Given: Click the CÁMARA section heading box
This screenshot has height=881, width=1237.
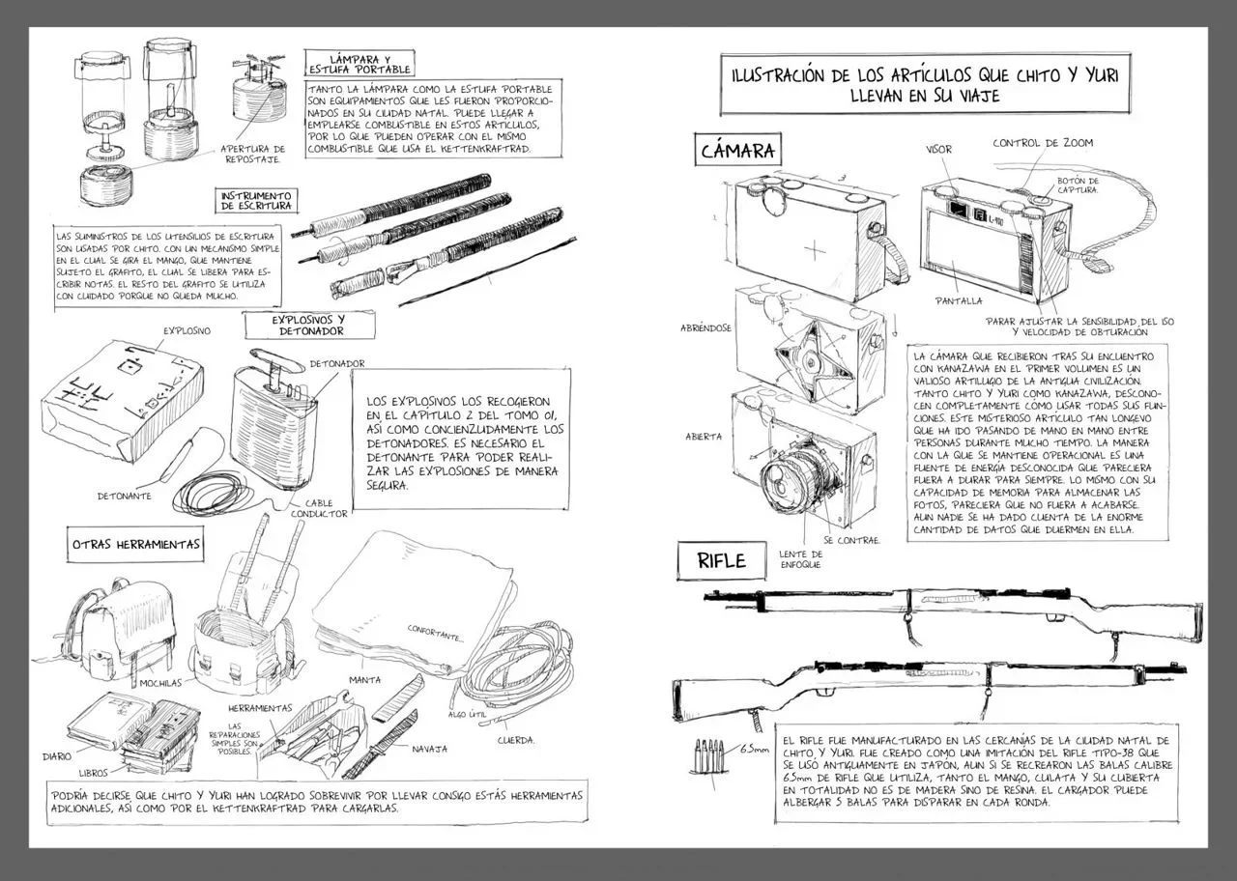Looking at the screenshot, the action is (737, 149).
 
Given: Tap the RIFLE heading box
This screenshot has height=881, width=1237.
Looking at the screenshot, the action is (722, 561).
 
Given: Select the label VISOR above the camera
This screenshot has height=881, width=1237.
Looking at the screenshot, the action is (938, 149).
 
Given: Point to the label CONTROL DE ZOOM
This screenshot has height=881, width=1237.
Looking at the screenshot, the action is (1043, 142).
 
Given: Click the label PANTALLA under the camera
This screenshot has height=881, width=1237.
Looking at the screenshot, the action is (960, 300).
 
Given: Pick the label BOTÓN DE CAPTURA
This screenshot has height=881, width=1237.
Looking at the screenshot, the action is (1078, 185).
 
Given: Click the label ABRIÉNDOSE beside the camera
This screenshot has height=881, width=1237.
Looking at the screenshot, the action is (705, 327).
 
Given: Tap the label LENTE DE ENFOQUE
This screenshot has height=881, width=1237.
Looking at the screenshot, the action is (801, 559).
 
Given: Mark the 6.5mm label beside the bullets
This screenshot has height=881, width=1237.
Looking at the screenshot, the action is (755, 750).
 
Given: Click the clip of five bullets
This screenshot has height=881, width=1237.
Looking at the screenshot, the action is (708, 755).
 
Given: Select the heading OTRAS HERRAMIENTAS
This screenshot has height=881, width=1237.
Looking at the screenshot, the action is (135, 544).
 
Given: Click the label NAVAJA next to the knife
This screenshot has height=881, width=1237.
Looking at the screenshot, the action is (430, 749).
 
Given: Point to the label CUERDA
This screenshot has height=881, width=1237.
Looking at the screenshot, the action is (516, 740).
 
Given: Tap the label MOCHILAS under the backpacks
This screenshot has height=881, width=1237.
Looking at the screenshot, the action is (160, 683).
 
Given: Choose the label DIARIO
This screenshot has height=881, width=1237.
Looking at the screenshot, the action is (57, 756).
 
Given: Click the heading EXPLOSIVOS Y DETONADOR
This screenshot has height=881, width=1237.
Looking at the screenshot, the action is (310, 326).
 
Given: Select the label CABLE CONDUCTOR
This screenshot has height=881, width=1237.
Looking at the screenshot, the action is (319, 508).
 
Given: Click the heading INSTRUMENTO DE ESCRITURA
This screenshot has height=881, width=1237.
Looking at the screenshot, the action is (256, 201).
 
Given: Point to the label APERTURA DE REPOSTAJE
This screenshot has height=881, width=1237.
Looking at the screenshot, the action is (252, 154).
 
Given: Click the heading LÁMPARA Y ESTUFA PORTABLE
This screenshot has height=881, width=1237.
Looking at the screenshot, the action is (360, 64).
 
